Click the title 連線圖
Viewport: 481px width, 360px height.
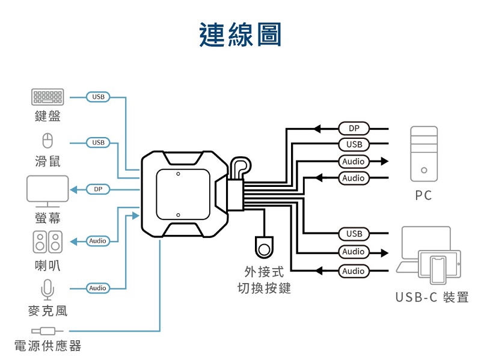(x=240, y=34)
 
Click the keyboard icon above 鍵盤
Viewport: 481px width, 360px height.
(x=47, y=96)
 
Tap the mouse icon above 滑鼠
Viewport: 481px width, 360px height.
(x=47, y=141)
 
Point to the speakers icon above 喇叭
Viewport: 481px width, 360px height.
(x=47, y=242)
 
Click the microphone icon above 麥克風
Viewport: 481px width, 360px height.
(x=47, y=290)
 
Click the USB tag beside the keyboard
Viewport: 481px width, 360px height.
(x=98, y=96)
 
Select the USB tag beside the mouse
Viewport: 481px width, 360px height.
(x=98, y=142)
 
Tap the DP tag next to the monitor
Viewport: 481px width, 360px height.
(x=98, y=190)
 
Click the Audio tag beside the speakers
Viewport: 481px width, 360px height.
(x=98, y=241)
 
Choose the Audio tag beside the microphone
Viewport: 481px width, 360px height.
(x=98, y=288)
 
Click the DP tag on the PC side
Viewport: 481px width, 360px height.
(x=354, y=129)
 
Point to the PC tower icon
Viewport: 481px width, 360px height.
(x=424, y=153)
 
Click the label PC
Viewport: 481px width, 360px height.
(x=423, y=196)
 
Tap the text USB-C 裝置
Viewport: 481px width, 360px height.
(x=432, y=297)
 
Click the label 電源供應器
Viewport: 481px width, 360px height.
(x=47, y=346)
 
